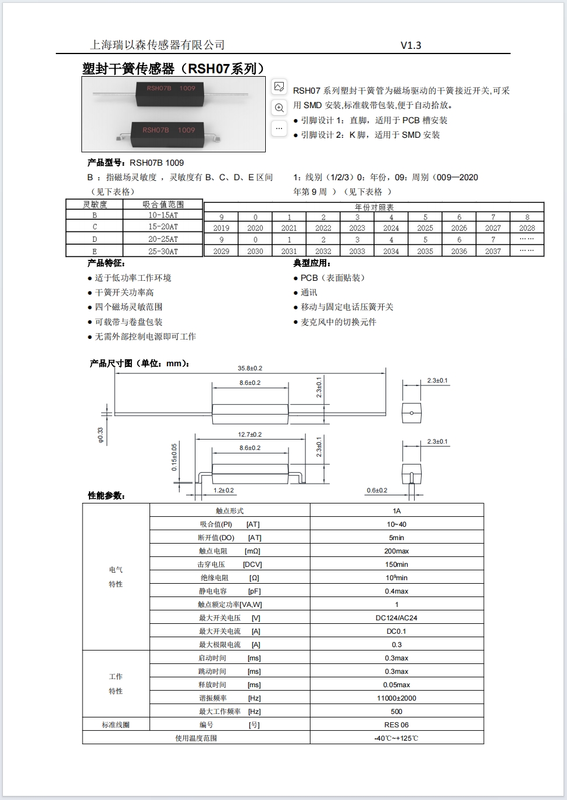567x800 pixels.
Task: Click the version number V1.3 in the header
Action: tap(411, 45)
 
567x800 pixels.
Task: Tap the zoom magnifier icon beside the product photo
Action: tap(279, 108)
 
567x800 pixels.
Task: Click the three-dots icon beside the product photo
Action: tap(279, 128)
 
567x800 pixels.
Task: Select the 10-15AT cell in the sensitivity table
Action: tap(163, 215)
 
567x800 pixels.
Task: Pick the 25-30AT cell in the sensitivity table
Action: tap(163, 251)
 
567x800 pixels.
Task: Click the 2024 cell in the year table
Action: tap(391, 228)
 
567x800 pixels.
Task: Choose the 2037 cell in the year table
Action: tap(493, 251)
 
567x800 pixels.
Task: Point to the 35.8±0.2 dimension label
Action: tap(250, 368)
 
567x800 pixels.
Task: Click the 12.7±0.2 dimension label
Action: tap(250, 434)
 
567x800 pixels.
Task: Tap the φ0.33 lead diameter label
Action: tap(100, 435)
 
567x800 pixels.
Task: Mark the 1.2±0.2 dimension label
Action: tap(223, 490)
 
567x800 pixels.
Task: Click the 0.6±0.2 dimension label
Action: tap(377, 490)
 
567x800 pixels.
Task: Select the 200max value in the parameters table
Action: tap(397, 551)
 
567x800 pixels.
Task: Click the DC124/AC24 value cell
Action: tap(397, 617)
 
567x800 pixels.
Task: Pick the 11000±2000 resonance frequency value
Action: tap(397, 698)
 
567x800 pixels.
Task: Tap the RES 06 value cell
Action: tap(397, 724)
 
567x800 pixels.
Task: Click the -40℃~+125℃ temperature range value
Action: tap(397, 738)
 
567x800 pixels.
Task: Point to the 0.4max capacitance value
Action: tap(397, 591)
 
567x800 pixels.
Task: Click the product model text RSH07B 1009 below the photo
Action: tap(156, 163)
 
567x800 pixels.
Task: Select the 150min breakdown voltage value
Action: tap(397, 564)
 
